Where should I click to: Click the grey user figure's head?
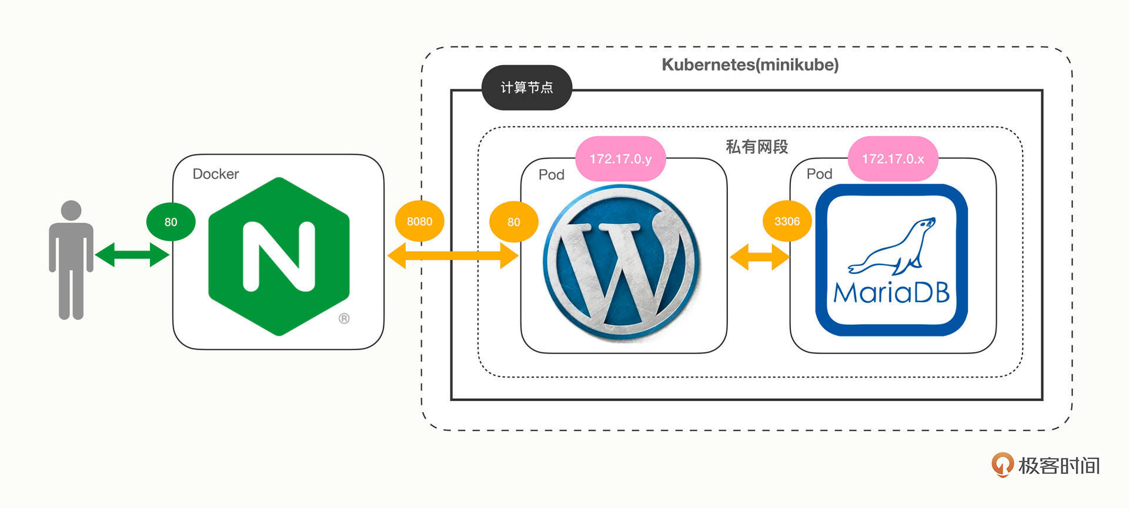(71, 211)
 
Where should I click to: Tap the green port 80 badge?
(171, 222)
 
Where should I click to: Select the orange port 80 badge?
(513, 222)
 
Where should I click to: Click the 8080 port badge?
(419, 221)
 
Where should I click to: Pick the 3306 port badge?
(787, 221)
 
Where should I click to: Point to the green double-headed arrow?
(132, 255)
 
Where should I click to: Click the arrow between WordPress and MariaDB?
(759, 257)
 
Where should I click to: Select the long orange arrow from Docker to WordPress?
(453, 255)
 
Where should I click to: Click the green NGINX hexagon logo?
(279, 257)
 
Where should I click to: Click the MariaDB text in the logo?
(891, 292)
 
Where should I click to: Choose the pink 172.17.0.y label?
(620, 159)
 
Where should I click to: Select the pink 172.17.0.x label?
(893, 159)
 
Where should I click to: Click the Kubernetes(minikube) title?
(750, 65)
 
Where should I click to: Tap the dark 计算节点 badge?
(526, 88)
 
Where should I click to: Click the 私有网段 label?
(756, 146)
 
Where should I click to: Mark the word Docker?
(216, 174)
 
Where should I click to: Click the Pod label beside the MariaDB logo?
(819, 174)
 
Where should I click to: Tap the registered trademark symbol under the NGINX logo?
(344, 318)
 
